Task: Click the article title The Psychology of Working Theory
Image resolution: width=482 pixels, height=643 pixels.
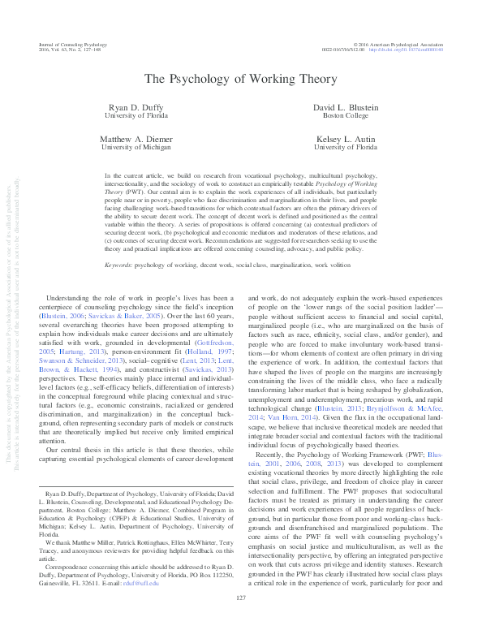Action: click(x=240, y=79)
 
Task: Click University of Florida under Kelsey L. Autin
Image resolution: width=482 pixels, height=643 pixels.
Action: click(x=345, y=148)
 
